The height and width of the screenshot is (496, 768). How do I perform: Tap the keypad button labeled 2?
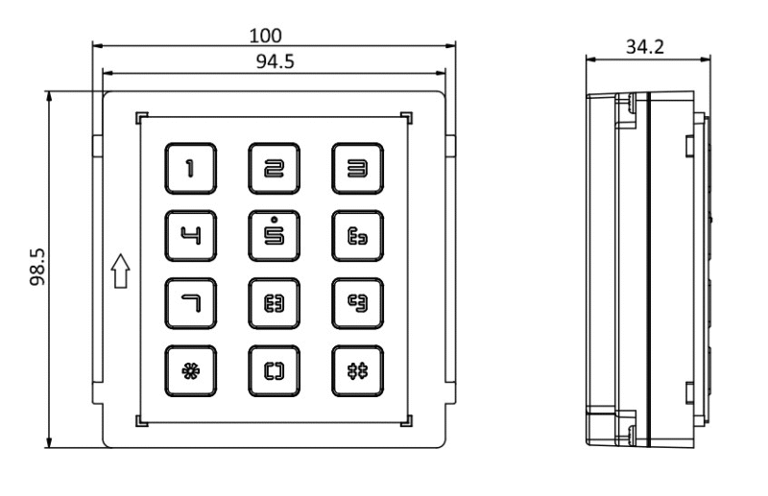pos(275,168)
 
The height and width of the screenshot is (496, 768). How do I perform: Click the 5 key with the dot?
pos(275,235)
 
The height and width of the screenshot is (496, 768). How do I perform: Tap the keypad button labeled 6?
pos(357,235)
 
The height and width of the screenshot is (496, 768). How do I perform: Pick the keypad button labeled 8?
pos(275,302)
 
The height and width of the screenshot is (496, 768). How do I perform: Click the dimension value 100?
pos(266,36)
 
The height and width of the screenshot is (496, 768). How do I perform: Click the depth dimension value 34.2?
pos(644,47)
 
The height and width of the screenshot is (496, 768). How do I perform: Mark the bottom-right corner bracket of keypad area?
pos(408,420)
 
